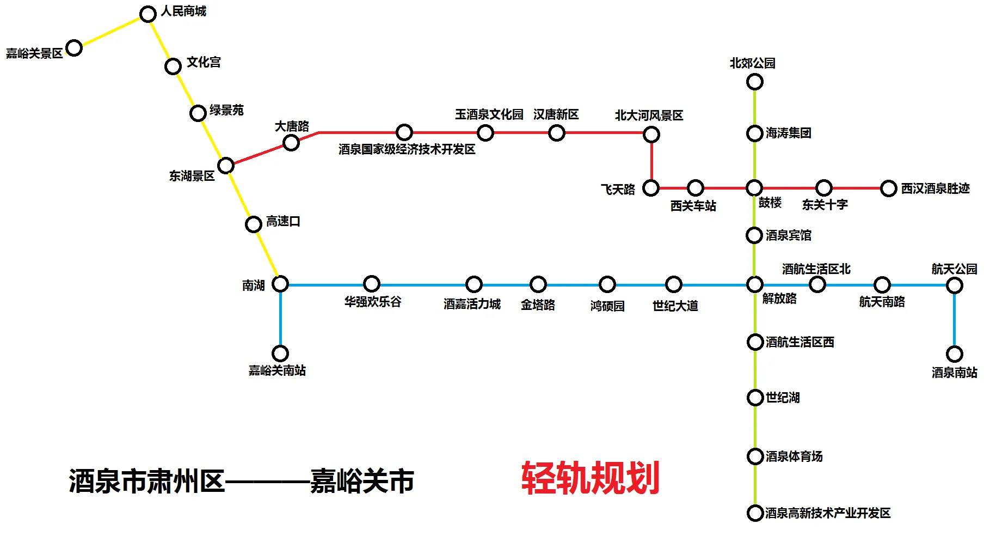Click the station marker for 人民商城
click(148, 14)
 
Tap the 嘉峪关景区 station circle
click(74, 48)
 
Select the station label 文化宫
click(204, 62)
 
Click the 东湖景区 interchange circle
click(226, 165)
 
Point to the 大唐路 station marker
click(291, 143)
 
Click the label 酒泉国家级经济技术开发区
click(407, 149)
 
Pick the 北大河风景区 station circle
click(651, 134)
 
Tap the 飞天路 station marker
click(651, 188)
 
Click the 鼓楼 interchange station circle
click(754, 188)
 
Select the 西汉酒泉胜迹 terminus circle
click(888, 188)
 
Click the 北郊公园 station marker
click(754, 82)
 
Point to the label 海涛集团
click(788, 133)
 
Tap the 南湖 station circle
click(280, 284)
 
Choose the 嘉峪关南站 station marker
click(280, 354)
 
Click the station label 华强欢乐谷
click(373, 302)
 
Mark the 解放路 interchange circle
click(754, 284)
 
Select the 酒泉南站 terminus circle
click(954, 354)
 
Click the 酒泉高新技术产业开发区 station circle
click(755, 513)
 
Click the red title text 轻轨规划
click(591, 478)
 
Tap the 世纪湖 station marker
click(755, 398)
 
